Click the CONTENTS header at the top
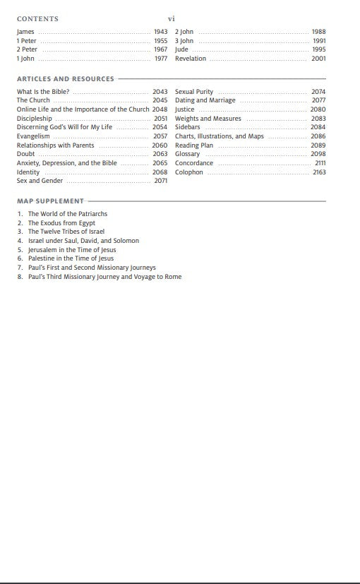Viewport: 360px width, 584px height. point(37,19)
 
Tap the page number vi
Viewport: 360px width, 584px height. point(171,19)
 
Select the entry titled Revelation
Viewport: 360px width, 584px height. point(191,59)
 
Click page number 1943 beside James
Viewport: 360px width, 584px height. point(160,32)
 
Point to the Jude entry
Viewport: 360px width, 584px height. point(181,49)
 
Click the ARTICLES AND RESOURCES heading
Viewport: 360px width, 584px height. point(65,79)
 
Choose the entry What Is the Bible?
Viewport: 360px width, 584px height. point(43,92)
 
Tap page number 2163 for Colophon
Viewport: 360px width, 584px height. point(319,172)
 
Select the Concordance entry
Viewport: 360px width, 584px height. point(194,163)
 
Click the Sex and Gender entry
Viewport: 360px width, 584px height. point(40,181)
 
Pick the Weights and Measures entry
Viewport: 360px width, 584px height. point(208,119)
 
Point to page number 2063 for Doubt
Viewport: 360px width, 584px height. point(160,154)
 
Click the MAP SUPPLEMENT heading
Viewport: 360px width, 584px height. point(50,201)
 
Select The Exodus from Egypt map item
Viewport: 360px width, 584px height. point(61,223)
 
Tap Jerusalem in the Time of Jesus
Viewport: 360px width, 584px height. point(72,250)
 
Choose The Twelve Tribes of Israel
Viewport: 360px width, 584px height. point(66,232)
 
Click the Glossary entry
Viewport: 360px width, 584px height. point(188,154)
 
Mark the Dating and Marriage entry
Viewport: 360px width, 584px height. point(205,101)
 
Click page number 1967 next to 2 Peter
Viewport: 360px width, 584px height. point(160,49)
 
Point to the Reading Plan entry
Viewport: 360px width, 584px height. point(194,145)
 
